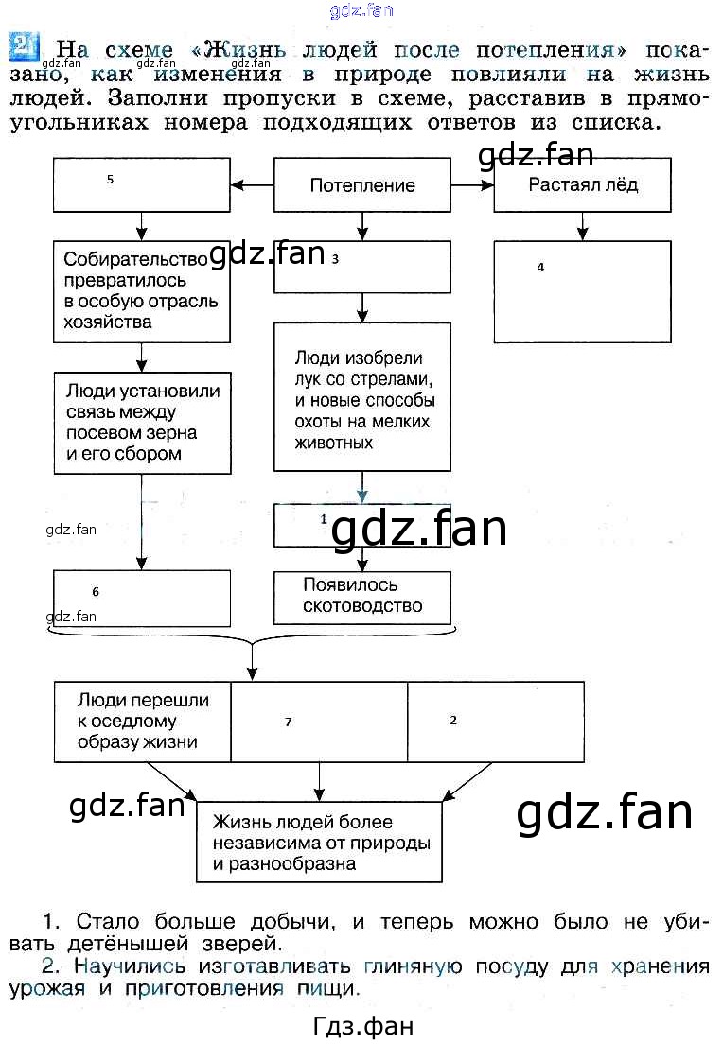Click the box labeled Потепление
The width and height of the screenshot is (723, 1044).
click(x=362, y=185)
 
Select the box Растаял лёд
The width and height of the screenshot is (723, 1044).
click(x=582, y=184)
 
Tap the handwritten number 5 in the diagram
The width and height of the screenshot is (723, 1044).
click(x=111, y=179)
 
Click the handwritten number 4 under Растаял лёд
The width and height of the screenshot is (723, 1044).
click(x=540, y=268)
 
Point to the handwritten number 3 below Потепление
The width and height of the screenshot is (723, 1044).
click(x=335, y=258)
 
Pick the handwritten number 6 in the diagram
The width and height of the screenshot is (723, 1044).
click(x=96, y=592)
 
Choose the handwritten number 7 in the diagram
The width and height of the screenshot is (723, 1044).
click(x=288, y=722)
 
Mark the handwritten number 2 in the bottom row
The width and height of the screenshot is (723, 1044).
click(x=453, y=720)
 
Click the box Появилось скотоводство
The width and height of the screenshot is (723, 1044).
click(x=362, y=597)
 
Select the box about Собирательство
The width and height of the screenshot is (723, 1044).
click(x=142, y=290)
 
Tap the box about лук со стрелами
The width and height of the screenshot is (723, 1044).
click(x=362, y=399)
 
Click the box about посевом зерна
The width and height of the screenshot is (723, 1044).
click(x=142, y=422)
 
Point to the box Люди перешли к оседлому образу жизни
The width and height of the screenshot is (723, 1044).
click(x=142, y=722)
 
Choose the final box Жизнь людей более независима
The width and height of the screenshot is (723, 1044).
click(x=319, y=842)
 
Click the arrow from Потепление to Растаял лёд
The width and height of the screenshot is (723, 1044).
click(x=473, y=185)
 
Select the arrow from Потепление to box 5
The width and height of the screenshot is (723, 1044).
click(x=252, y=185)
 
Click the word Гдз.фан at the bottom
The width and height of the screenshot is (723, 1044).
click(x=362, y=1026)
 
